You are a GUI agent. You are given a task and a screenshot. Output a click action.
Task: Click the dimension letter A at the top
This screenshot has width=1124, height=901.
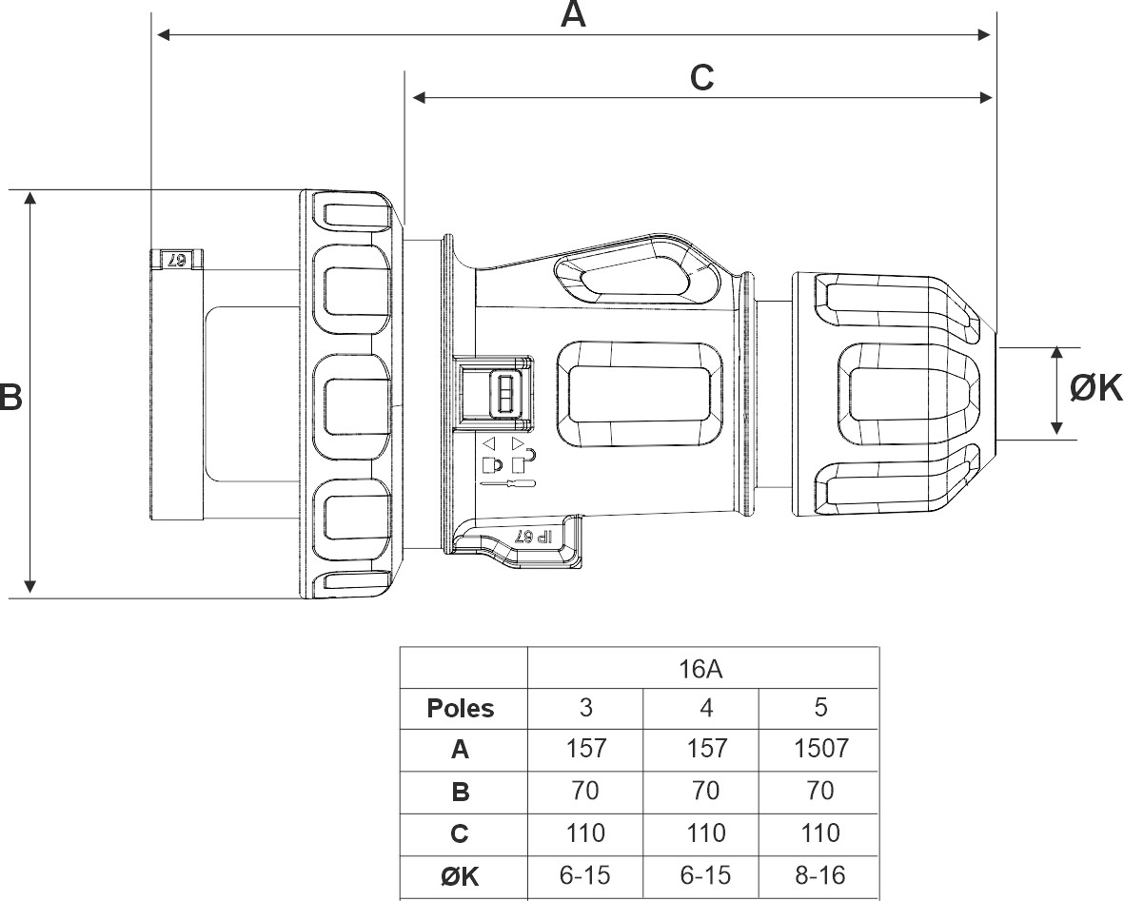[573, 14]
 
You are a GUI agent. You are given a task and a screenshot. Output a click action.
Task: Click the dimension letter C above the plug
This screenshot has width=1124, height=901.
[701, 78]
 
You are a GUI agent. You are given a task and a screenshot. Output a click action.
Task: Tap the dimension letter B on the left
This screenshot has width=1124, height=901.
[10, 397]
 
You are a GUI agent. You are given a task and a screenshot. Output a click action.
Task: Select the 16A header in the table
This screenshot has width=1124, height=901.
[702, 668]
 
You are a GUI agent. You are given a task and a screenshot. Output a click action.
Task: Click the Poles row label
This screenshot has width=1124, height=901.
[461, 709]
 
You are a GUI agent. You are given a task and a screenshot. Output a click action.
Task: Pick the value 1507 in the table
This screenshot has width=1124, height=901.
[820, 749]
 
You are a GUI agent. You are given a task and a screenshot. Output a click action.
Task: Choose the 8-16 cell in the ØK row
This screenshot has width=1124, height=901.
[820, 874]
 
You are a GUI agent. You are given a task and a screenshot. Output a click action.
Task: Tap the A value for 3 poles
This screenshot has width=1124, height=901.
[585, 749]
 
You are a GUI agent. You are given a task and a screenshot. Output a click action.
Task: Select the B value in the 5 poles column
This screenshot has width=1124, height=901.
[820, 791]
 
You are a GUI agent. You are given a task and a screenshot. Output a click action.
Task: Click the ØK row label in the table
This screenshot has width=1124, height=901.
[461, 875]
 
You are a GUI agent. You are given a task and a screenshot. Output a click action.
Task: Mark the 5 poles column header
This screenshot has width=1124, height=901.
[820, 708]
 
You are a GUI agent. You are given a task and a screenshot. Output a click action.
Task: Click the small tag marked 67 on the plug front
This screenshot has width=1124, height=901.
[177, 260]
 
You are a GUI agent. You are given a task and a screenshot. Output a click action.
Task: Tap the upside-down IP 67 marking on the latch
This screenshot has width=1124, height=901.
[534, 536]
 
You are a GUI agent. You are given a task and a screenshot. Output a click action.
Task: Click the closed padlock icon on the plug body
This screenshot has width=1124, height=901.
[492, 465]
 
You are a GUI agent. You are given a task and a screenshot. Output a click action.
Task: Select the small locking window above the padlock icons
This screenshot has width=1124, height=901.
[503, 392]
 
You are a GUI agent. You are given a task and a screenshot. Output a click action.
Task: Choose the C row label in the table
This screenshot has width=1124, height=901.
[461, 834]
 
